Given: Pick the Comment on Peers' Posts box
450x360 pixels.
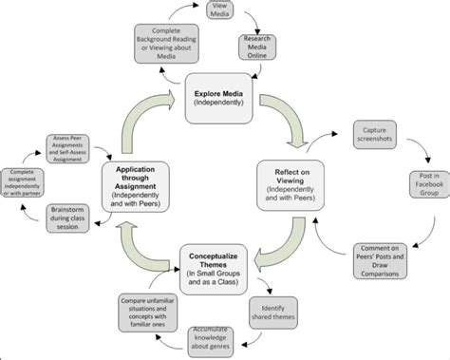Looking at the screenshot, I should (384, 260).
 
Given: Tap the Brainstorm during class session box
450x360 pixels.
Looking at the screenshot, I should (74, 216).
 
